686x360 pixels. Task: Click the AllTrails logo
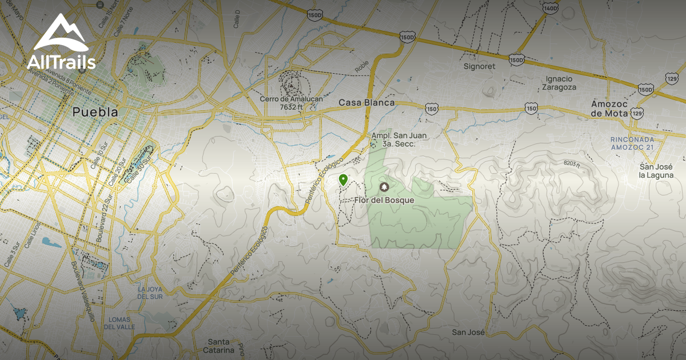[61, 43]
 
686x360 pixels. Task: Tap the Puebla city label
[95, 112]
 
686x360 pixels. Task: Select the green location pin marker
[343, 181]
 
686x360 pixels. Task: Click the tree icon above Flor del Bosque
[384, 187]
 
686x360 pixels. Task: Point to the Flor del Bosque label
[384, 200]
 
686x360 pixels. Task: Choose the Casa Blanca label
[366, 103]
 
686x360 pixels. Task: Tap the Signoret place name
[479, 66]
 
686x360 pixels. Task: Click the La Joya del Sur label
[151, 293]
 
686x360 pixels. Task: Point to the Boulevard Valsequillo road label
[83, 291]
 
